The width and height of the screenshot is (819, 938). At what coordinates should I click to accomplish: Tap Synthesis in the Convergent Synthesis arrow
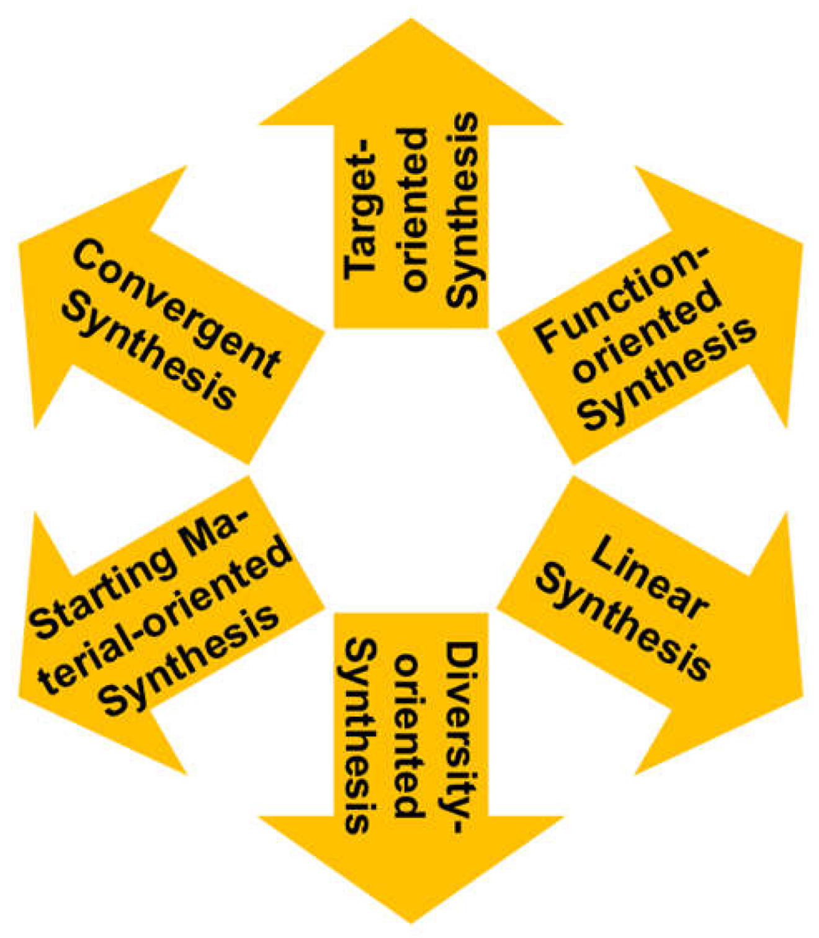(x=149, y=351)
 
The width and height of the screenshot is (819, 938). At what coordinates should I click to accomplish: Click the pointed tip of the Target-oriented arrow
(x=411, y=20)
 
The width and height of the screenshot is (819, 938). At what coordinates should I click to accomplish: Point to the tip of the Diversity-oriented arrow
(x=411, y=922)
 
